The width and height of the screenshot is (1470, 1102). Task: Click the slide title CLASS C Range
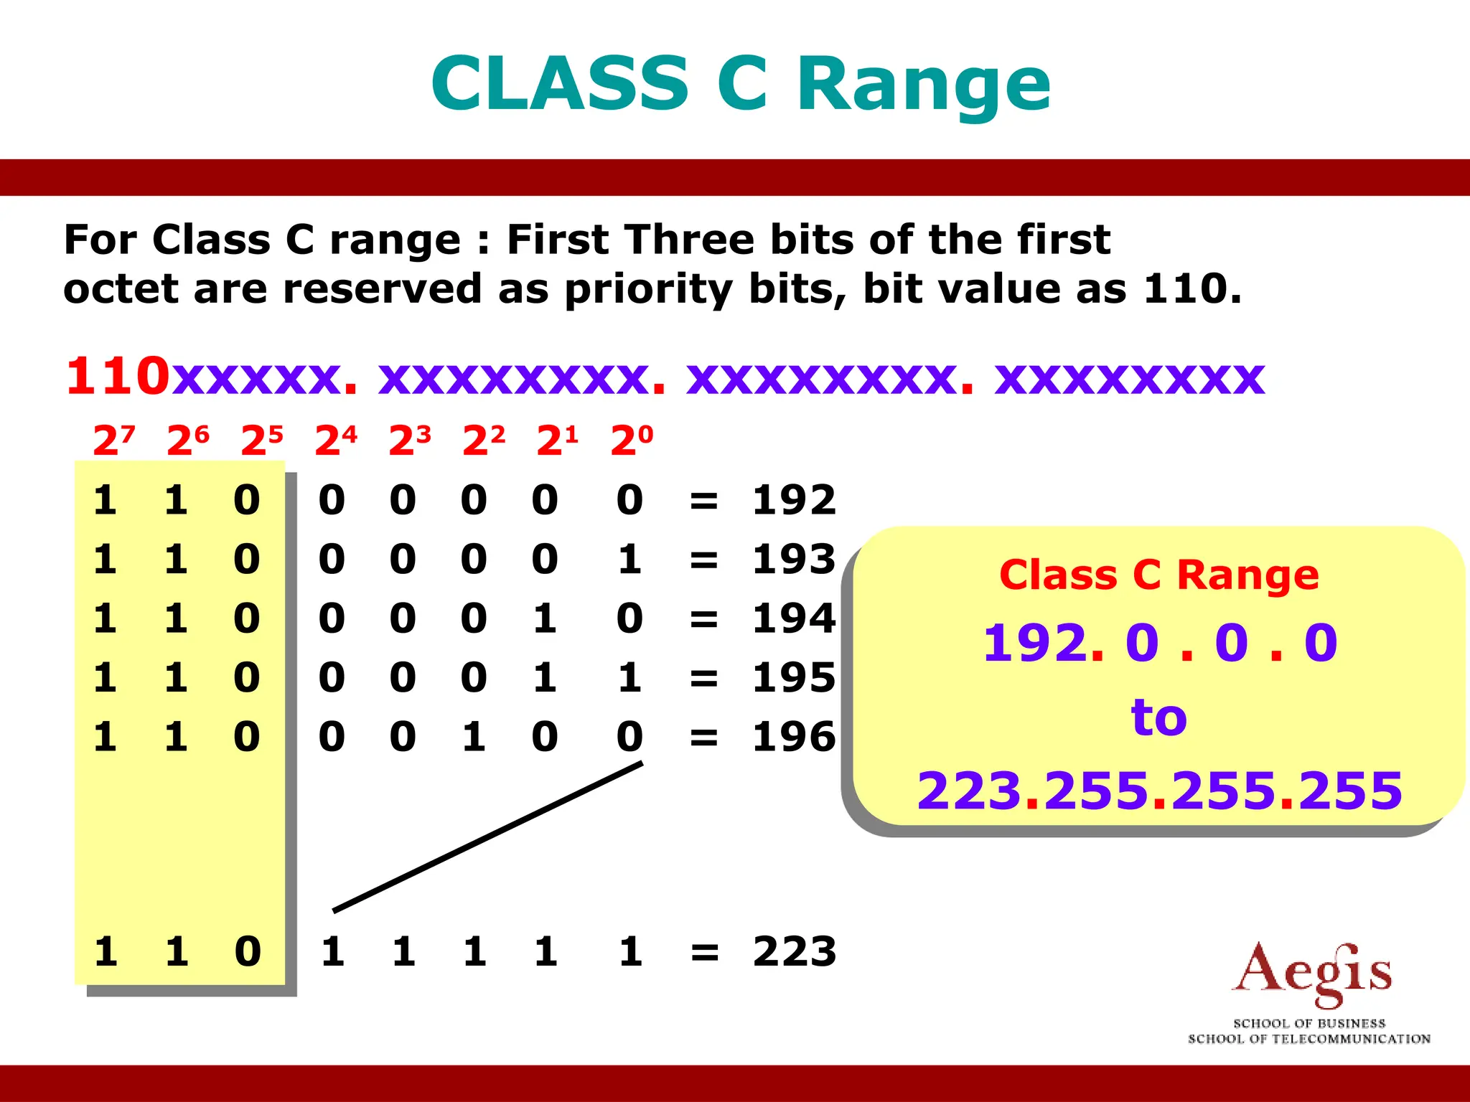pyautogui.click(x=741, y=85)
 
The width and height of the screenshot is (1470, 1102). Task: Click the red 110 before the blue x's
pyautogui.click(x=118, y=376)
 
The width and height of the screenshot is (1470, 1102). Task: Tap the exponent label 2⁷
pyautogui.click(x=113, y=440)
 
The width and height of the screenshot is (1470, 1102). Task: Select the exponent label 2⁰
pyautogui.click(x=632, y=440)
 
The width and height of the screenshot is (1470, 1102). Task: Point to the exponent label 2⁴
pyautogui.click(x=336, y=440)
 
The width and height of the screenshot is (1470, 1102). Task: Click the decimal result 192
pyautogui.click(x=794, y=499)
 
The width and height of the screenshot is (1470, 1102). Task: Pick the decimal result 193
pyautogui.click(x=794, y=559)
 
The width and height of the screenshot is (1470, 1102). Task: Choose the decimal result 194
pyautogui.click(x=794, y=618)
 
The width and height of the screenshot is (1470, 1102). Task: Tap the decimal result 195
pyautogui.click(x=794, y=677)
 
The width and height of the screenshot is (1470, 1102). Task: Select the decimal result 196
pyautogui.click(x=794, y=737)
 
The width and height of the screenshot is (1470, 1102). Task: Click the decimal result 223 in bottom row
pyautogui.click(x=795, y=951)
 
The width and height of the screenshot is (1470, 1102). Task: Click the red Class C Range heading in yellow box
pyautogui.click(x=1158, y=575)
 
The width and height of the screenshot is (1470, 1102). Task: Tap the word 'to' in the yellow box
pyautogui.click(x=1158, y=717)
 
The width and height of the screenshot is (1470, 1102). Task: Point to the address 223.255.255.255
pyautogui.click(x=1158, y=791)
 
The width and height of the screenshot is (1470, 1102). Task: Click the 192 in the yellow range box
pyautogui.click(x=1034, y=643)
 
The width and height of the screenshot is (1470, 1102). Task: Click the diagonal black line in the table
pyautogui.click(x=488, y=837)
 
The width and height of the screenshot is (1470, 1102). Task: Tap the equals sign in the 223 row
pyautogui.click(x=704, y=953)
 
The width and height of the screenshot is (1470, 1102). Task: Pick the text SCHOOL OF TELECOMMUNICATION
pyautogui.click(x=1309, y=1039)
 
